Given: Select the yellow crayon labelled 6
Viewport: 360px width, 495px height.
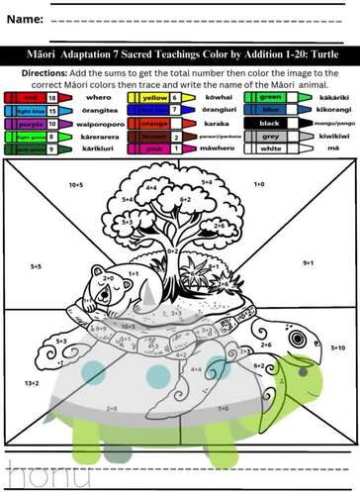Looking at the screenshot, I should click(153, 99).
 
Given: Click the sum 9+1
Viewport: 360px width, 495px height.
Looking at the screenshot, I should click(308, 262).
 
